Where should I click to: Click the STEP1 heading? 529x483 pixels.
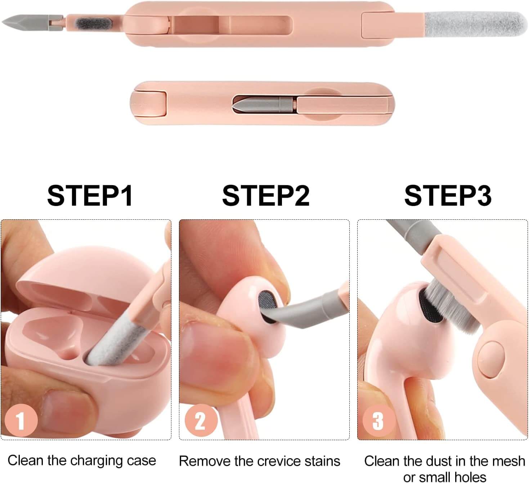90,196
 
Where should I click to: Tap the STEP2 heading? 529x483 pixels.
266,196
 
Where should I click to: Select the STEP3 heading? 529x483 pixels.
448,196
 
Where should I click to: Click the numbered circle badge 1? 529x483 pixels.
21,420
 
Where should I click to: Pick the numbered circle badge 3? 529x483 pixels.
379,420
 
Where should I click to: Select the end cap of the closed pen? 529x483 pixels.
148,103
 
